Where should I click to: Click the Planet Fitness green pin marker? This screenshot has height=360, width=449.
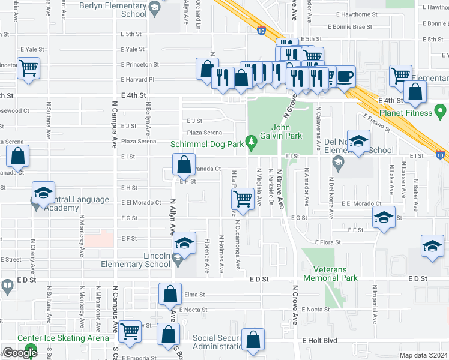[x=441, y=112]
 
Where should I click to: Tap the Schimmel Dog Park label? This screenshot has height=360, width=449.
[x=207, y=144]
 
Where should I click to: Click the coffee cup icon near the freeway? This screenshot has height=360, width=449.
[x=345, y=77]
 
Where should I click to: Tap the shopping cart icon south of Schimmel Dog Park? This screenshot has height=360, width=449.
[x=243, y=197]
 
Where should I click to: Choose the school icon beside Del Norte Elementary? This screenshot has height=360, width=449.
[x=358, y=141]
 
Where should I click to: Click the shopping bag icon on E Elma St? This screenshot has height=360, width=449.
[x=170, y=294]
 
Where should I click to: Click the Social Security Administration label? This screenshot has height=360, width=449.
[x=217, y=343]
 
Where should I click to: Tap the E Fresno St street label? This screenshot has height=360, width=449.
[x=373, y=122]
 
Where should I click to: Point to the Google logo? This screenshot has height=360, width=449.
[x=19, y=353]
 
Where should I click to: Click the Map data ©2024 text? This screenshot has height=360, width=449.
[x=423, y=355]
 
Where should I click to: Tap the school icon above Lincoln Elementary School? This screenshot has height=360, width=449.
[x=184, y=242]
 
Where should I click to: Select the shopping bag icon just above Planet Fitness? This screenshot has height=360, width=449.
[x=415, y=92]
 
